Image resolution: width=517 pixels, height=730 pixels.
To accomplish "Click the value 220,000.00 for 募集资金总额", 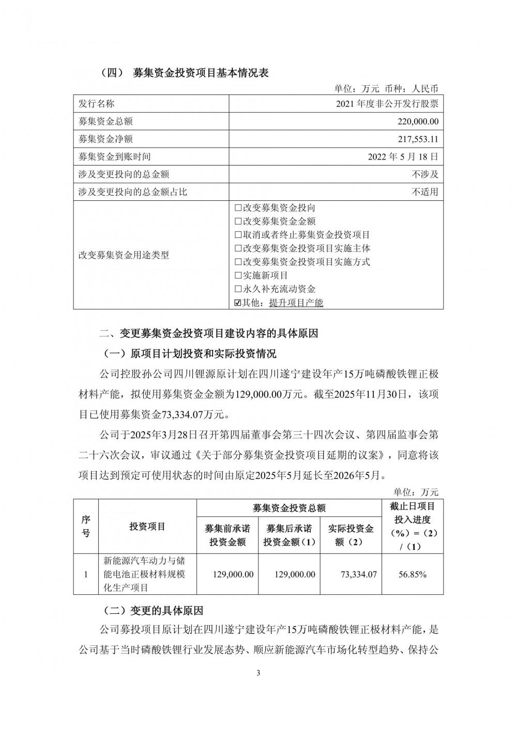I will [415, 121].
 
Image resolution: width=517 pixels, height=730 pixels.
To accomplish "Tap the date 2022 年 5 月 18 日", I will [405, 156].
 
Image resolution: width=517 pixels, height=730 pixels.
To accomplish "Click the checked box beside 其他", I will [238, 303].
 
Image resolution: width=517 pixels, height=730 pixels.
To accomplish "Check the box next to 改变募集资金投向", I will [238, 208].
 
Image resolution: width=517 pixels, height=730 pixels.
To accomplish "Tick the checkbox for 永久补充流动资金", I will [238, 289].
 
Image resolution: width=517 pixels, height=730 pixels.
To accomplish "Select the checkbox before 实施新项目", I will [238, 276].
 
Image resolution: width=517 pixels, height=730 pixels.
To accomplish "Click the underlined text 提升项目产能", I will [296, 303].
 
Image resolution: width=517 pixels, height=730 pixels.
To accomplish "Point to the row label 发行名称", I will [96, 104].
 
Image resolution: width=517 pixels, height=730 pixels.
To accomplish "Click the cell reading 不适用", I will [425, 192].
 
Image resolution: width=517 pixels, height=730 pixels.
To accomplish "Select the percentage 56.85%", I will [412, 574].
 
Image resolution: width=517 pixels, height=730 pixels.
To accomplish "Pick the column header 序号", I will [86, 527].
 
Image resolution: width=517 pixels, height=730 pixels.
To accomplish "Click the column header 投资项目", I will [147, 527].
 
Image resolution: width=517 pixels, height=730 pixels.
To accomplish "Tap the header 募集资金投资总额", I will [288, 509].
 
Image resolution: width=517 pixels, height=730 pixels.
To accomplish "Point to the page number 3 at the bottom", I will [258, 673].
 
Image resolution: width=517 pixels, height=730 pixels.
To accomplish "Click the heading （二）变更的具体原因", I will [154, 611].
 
